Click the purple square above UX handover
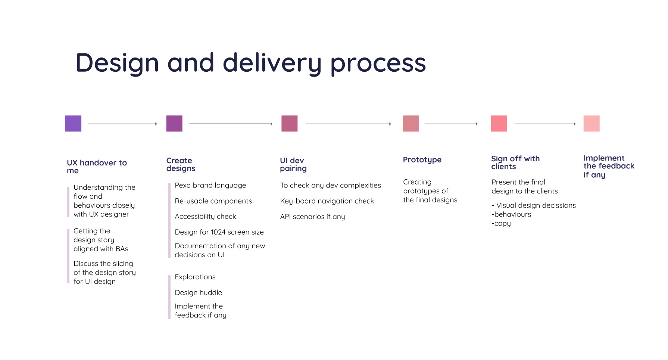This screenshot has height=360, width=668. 73,124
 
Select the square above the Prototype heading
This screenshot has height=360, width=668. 411,124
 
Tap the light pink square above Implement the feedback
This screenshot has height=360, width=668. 591,124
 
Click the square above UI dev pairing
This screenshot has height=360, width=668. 289,124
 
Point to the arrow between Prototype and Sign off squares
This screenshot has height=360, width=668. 451,124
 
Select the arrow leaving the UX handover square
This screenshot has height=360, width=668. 122,124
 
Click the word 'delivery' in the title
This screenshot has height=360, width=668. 272,63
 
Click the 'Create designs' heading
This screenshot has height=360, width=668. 181,164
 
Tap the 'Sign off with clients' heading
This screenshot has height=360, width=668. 515,162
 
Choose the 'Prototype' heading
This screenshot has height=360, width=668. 422,160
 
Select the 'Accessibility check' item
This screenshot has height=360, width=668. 205,217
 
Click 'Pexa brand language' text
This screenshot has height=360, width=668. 210,185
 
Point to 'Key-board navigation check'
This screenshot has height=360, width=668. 327,201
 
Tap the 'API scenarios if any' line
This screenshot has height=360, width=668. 312,217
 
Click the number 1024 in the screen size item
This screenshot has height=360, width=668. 218,232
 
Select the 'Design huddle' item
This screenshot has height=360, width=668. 198,292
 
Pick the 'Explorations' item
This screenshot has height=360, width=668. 195,277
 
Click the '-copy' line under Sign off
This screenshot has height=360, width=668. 501,224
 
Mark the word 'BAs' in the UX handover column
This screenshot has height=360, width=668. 122,249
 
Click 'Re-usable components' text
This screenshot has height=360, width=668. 213,201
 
